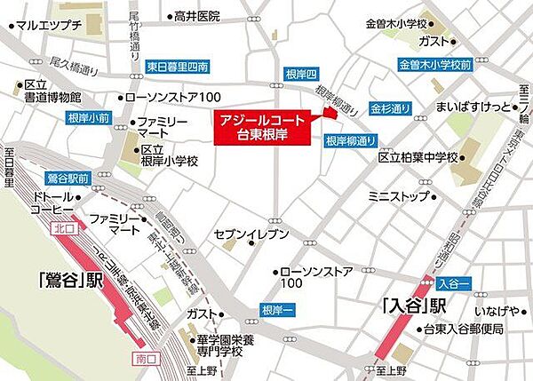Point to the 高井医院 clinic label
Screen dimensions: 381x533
[x=196, y=16]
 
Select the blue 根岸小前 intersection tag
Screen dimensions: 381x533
[x=65, y=117]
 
